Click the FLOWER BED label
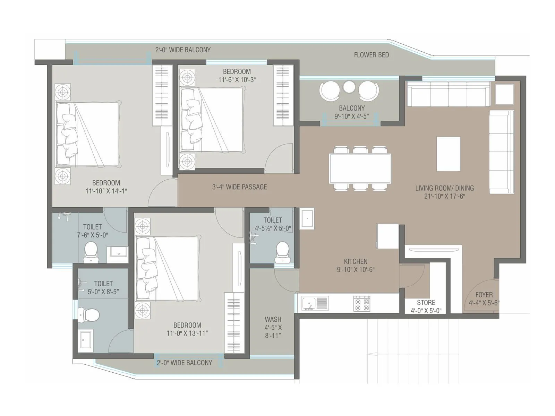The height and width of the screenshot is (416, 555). point(371,55)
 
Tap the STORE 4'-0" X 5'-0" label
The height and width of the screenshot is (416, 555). point(426,306)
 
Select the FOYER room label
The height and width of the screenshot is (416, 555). point(484,295)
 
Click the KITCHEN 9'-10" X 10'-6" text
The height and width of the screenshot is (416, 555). point(356,265)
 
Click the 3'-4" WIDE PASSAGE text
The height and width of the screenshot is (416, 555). point(239,187)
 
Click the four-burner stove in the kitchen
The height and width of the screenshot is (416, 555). point(361,303)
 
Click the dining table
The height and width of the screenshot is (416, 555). point(360,168)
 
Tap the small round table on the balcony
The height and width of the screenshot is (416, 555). point(349,87)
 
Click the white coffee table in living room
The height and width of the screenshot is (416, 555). point(448,154)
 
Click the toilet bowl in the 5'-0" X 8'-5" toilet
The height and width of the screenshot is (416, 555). point(88,315)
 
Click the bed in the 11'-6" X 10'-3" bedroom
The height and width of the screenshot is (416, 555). point(212,120)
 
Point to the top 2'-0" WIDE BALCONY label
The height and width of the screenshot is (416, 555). point(183,50)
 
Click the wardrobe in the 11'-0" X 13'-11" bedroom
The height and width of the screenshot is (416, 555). point(234,322)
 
